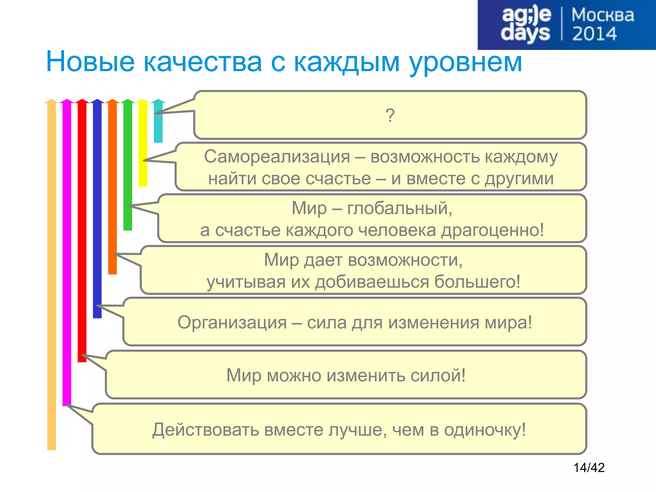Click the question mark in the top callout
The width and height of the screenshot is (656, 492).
pyautogui.click(x=390, y=115)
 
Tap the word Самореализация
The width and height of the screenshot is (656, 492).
pyautogui.click(x=277, y=157)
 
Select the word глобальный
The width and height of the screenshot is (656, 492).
pyautogui.click(x=399, y=209)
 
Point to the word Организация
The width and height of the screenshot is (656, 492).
pyautogui.click(x=232, y=323)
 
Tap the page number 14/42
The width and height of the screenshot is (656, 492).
pyautogui.click(x=589, y=468)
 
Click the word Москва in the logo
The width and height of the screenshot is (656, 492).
pyautogui.click(x=603, y=15)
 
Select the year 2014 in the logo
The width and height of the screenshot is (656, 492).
pyautogui.click(x=594, y=34)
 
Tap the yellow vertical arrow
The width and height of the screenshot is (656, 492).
pyautogui.click(x=143, y=144)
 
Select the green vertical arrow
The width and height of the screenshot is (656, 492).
pyautogui.click(x=128, y=167)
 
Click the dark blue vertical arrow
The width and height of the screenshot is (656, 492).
pyautogui.click(x=97, y=208)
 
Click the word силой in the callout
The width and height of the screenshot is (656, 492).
pyautogui.click(x=438, y=375)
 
